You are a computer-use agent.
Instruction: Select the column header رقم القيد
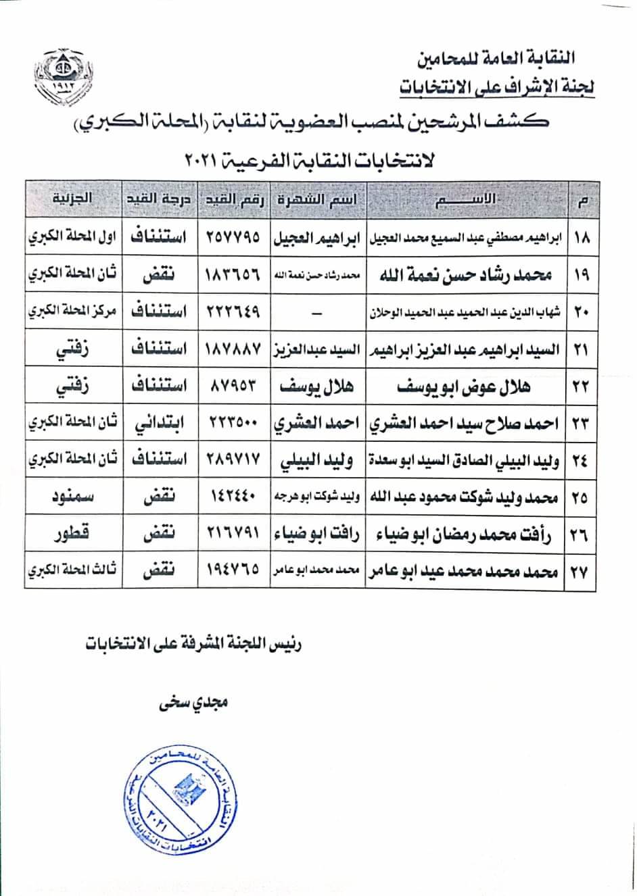[x=233, y=199]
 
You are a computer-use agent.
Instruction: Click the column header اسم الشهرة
[x=318, y=199]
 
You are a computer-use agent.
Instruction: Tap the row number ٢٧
[x=580, y=572]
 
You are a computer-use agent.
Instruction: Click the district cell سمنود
[x=72, y=497]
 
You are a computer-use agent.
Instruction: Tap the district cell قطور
[x=72, y=534]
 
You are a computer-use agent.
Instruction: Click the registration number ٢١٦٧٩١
[x=233, y=534]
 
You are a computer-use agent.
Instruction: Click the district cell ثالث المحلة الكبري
[x=72, y=572]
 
